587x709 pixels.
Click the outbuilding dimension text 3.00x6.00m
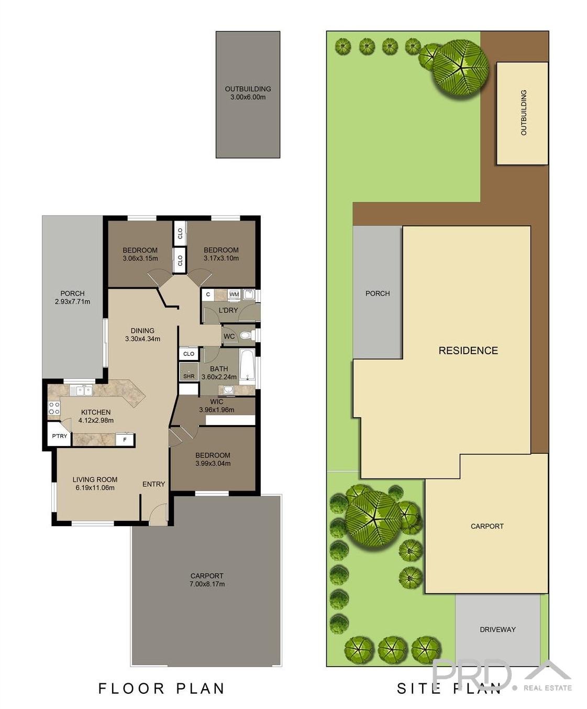pyautogui.click(x=248, y=97)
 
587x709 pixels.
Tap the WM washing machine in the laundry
pyautogui.click(x=234, y=294)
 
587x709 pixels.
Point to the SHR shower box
pyautogui.click(x=189, y=374)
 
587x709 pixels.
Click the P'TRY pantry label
pyautogui.click(x=59, y=436)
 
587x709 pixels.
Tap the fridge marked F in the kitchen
pyautogui.click(x=125, y=440)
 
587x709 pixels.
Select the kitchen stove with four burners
pyautogui.click(x=54, y=408)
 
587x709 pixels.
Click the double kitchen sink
pyautogui.click(x=81, y=390)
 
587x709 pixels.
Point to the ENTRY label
pyautogui.click(x=153, y=484)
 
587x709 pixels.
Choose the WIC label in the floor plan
pyautogui.click(x=217, y=402)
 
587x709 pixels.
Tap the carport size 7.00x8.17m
pyautogui.click(x=207, y=584)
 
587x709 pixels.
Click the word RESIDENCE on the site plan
pyautogui.click(x=468, y=351)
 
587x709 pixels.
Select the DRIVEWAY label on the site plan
pyautogui.click(x=497, y=629)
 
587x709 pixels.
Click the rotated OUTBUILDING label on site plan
pyautogui.click(x=523, y=113)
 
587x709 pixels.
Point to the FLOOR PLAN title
pyautogui.click(x=161, y=688)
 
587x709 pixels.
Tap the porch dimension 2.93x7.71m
pyautogui.click(x=72, y=302)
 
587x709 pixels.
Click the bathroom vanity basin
pyautogui.click(x=229, y=389)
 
